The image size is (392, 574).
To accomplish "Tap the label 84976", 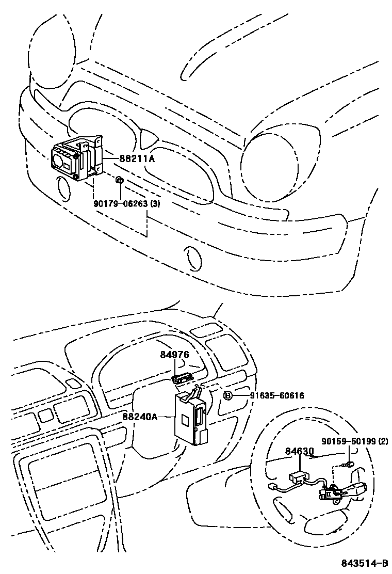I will [174, 355].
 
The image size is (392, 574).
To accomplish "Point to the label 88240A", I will [140, 417].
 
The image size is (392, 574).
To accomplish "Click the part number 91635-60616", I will [277, 395].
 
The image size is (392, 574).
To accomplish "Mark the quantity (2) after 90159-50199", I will [383, 441].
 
